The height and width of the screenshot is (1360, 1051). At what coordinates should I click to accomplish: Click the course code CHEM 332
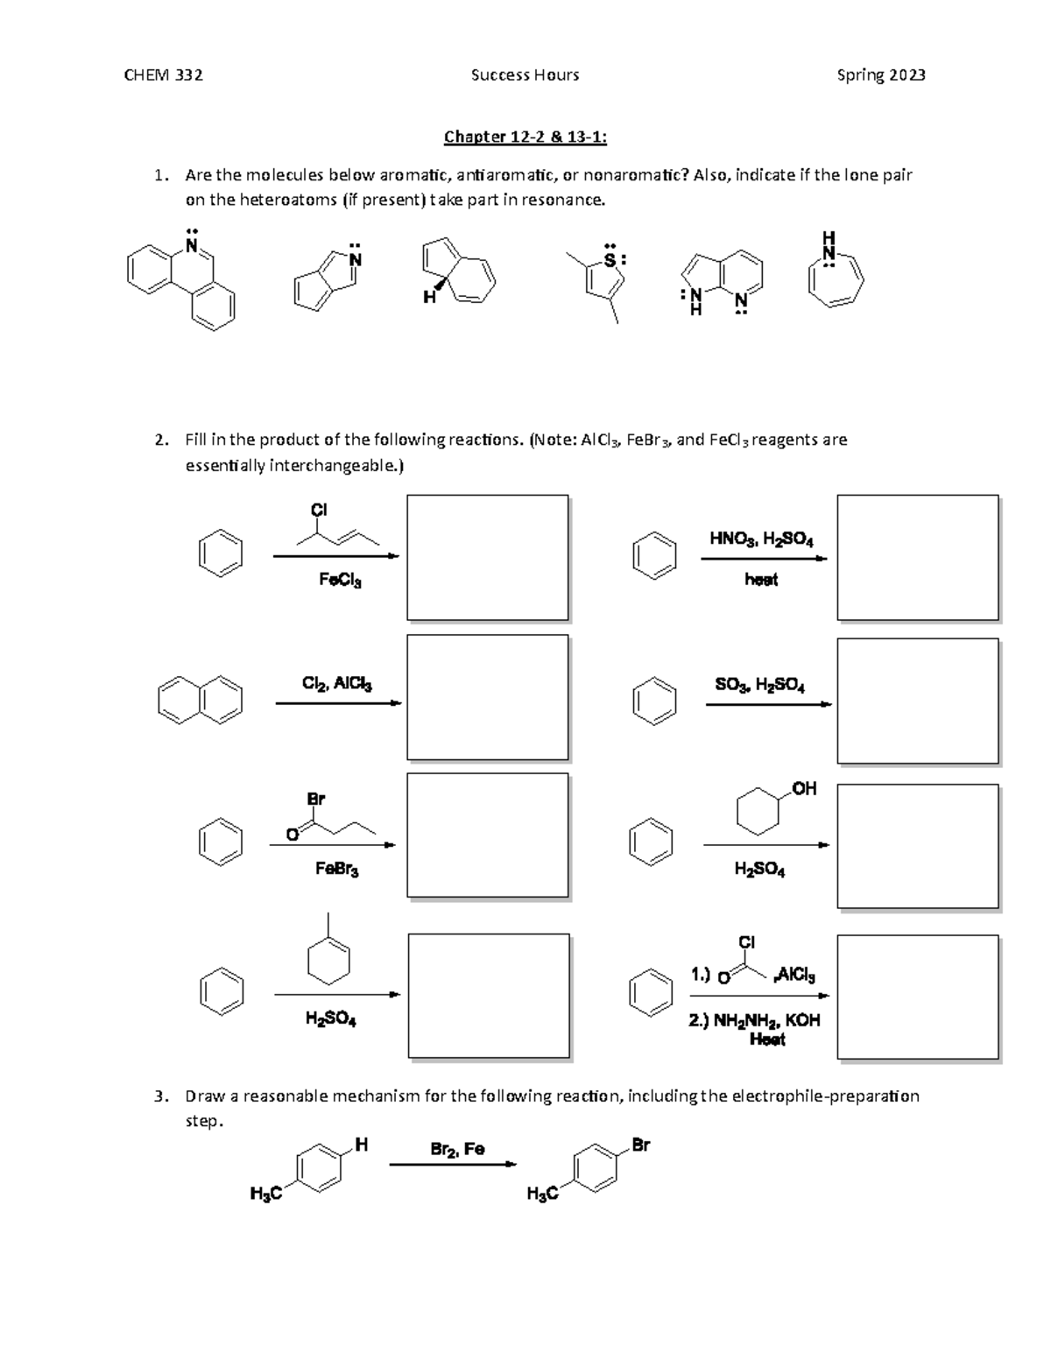163,75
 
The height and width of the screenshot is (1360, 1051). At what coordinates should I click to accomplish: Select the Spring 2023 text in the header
880,75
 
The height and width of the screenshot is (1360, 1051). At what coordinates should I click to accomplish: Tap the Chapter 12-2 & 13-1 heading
525,137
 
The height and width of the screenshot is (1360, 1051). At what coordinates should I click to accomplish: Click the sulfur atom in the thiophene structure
610,260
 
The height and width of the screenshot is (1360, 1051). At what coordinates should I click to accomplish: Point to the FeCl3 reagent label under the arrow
340,580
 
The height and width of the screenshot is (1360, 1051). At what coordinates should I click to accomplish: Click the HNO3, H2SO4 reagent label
760,539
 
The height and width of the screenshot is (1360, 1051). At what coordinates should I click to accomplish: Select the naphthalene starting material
200,700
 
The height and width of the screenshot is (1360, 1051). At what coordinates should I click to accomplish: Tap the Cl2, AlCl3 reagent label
336,684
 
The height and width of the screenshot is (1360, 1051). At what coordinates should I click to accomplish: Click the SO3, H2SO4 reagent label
759,686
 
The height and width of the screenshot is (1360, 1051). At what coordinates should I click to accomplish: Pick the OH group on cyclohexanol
803,789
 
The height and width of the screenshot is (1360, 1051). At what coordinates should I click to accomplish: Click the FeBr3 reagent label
336,869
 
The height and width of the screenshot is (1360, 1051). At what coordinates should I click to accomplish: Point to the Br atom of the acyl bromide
315,799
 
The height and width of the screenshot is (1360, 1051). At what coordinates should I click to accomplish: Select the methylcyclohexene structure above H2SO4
328,955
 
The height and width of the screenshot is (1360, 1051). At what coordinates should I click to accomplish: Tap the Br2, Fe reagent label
457,1149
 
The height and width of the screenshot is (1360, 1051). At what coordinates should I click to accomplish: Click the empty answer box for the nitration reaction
917,557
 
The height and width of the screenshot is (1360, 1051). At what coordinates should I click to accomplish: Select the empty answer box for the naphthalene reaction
487,697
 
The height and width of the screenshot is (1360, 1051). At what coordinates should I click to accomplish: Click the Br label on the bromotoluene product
640,1145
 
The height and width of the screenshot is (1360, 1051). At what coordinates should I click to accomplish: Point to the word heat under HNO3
760,579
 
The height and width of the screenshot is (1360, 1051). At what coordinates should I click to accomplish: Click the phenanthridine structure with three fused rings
181,279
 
